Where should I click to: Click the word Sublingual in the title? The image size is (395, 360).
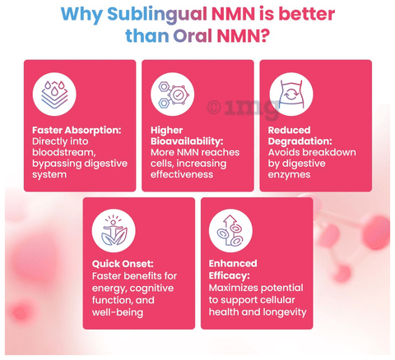tap(157, 15)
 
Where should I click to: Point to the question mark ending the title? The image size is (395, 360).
tap(265, 35)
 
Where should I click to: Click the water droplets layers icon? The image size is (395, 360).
tap(54, 95)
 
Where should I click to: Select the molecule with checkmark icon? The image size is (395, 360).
tap(173, 95)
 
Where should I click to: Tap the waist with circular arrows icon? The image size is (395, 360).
tap(291, 95)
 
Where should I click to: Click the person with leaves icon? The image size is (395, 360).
tap(114, 230)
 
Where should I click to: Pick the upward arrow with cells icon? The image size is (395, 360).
tap(230, 230)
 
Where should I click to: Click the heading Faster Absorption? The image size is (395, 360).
tap(77, 130)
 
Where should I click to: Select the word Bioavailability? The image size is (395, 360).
tap(187, 141)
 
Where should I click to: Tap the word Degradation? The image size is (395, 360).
tap(300, 141)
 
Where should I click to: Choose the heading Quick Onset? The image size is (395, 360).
tap(123, 264)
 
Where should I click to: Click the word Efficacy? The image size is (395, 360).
tap(230, 275)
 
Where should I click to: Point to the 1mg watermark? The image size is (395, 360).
tap(244, 108)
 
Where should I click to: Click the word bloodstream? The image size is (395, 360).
tap(64, 152)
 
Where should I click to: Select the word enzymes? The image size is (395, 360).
tap(289, 175)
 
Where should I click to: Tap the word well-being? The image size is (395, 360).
tap(118, 312)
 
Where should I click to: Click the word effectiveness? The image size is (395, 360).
tap(182, 174)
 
